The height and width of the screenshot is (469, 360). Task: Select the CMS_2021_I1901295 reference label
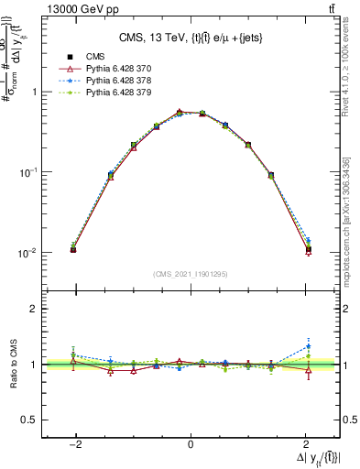click(190, 274)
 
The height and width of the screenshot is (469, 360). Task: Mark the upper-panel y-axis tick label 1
click(35, 92)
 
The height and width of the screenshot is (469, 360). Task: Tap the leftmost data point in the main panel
click(73, 248)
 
